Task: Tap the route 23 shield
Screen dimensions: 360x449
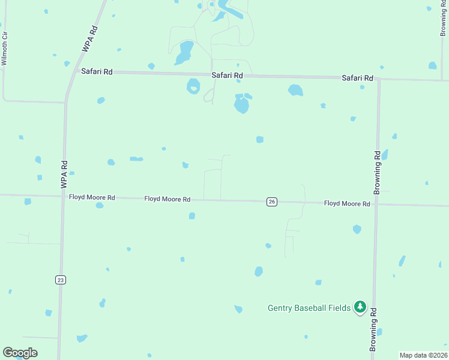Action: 59,280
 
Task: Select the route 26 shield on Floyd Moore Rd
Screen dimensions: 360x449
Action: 272,202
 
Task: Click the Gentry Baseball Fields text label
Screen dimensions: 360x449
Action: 309,308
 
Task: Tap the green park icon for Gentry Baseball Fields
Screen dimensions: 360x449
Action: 360,307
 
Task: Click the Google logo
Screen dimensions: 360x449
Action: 20,353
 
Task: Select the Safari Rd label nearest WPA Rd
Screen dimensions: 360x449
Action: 97,71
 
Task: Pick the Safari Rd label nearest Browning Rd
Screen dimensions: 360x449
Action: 358,78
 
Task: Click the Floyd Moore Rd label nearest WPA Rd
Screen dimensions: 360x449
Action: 92,197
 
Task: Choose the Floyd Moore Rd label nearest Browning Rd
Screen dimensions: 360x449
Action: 347,204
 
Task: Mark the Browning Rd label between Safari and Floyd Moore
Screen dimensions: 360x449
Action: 377,172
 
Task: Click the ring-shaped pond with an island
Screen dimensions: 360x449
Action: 193,86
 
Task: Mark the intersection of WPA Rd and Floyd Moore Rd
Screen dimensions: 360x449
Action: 62,196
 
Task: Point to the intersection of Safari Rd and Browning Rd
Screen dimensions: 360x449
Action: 379,79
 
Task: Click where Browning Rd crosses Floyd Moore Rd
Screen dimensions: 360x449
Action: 376,204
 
